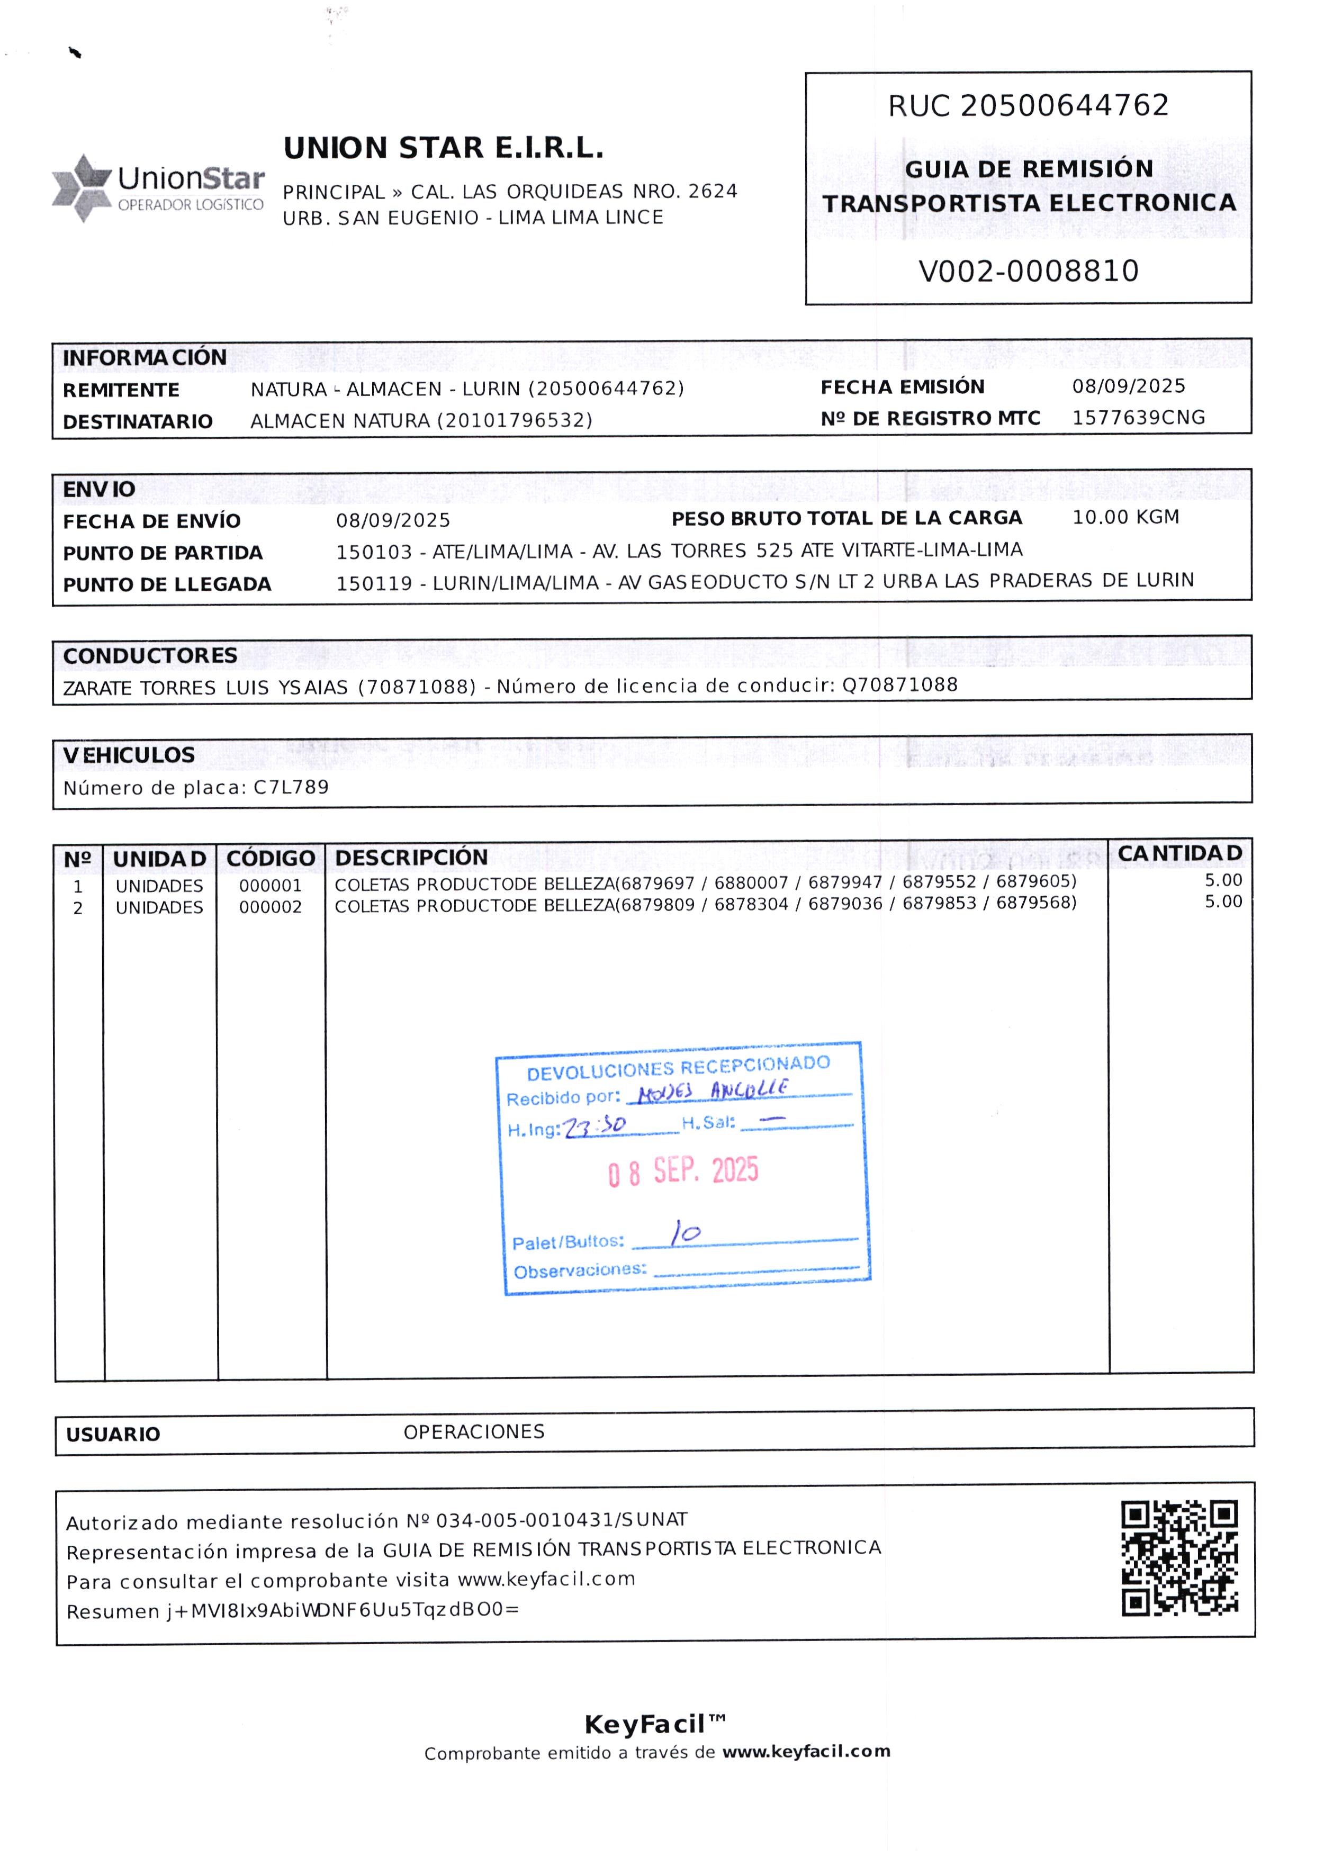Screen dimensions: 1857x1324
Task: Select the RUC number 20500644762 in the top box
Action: point(1064,105)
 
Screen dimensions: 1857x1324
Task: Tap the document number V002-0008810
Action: point(1028,271)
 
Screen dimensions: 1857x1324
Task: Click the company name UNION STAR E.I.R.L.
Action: point(444,148)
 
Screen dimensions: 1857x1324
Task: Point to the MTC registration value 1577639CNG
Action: point(1138,417)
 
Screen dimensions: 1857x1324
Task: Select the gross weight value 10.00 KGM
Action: point(1125,517)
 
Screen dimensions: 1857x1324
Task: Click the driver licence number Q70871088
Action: point(899,685)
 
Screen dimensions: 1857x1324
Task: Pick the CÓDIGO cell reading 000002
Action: point(270,907)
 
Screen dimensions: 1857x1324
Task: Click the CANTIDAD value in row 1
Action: point(1223,880)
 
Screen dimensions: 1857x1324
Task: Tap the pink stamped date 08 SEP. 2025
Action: point(683,1171)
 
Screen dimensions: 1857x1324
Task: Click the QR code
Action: point(1179,1558)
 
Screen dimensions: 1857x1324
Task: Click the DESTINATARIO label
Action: point(138,421)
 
